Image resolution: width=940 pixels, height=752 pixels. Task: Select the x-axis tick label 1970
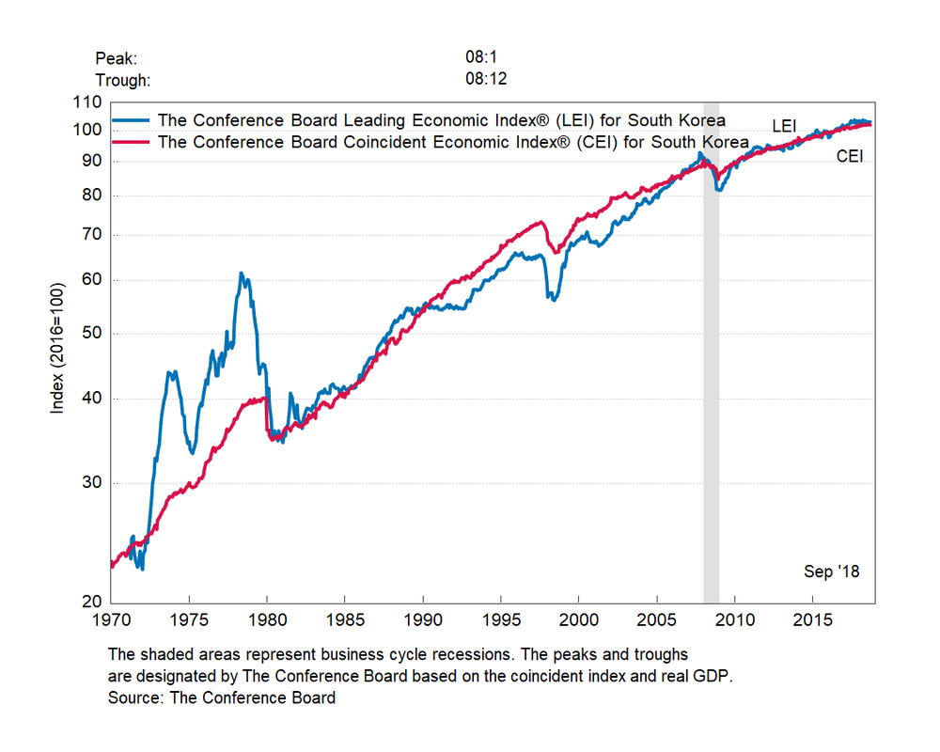pyautogui.click(x=111, y=621)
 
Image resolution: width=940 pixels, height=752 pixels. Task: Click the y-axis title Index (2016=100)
pyautogui.click(x=58, y=348)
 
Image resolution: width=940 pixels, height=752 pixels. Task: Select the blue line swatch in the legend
pyautogui.click(x=132, y=120)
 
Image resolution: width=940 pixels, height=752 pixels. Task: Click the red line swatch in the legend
pyautogui.click(x=132, y=142)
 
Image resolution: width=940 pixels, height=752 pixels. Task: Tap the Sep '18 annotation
pyautogui.click(x=832, y=572)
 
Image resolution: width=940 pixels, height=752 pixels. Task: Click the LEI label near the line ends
pyautogui.click(x=784, y=125)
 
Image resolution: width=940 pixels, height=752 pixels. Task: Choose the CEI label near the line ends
pyautogui.click(x=850, y=156)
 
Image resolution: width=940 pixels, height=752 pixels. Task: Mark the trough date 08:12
pyautogui.click(x=486, y=79)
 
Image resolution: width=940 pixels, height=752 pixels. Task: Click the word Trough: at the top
pyautogui.click(x=122, y=80)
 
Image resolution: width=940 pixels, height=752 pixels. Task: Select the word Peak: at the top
pyautogui.click(x=117, y=59)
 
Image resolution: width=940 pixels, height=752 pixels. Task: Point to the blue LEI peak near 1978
pyautogui.click(x=242, y=274)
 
